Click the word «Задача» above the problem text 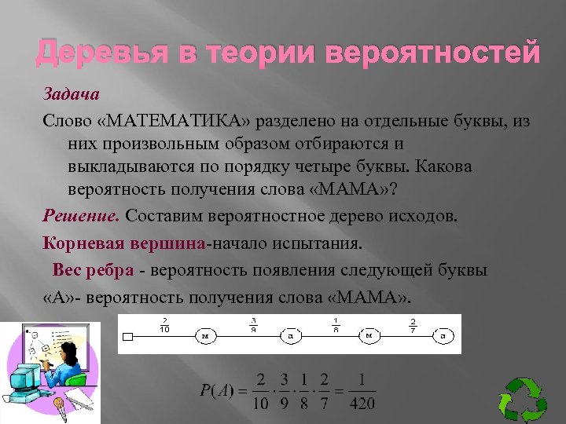[70, 95]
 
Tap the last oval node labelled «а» [443, 336]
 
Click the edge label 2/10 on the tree [164, 324]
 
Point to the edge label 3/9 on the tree [252, 324]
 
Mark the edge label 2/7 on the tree [413, 324]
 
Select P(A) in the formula [216, 391]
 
